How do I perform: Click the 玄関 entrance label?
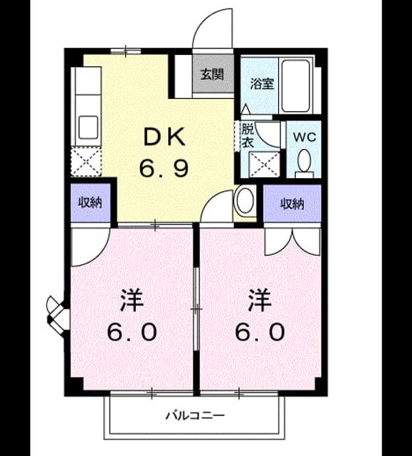(x=213, y=74)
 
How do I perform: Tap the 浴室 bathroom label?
(x=262, y=84)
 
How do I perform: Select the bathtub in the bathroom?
(x=295, y=85)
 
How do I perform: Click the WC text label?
(x=304, y=137)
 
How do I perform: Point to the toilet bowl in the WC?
(x=305, y=160)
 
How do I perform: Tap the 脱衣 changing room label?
(x=248, y=135)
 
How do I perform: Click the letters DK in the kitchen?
(x=164, y=137)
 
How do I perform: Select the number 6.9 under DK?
(x=164, y=169)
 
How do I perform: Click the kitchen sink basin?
(x=88, y=127)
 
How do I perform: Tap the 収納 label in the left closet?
(x=90, y=202)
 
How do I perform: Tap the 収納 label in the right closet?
(x=292, y=204)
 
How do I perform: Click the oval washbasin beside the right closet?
(x=245, y=201)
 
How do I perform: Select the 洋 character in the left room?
(x=132, y=300)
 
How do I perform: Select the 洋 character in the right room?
(x=260, y=300)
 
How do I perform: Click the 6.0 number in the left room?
(x=132, y=332)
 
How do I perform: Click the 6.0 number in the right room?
(x=260, y=332)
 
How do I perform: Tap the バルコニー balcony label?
(x=195, y=415)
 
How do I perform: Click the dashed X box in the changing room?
(x=265, y=165)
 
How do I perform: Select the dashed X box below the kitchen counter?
(x=86, y=162)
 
